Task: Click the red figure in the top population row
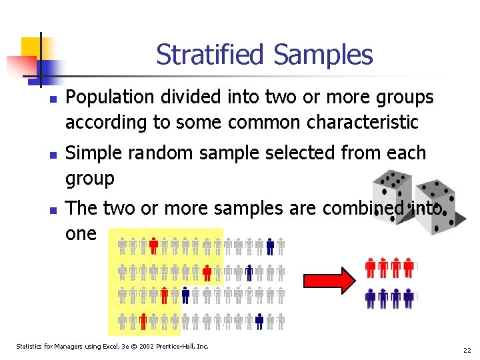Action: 154,247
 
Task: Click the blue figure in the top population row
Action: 270,247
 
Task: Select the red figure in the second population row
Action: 207,271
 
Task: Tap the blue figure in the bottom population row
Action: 260,321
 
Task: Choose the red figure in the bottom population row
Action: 143,321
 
